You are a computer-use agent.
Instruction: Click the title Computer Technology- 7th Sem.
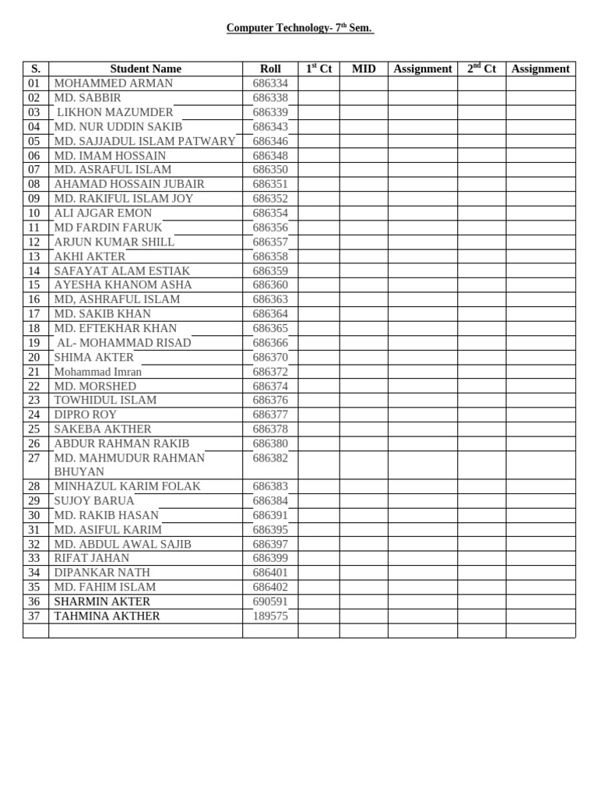click(x=300, y=28)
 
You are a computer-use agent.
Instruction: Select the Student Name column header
click(x=146, y=69)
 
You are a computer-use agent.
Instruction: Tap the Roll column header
click(x=269, y=69)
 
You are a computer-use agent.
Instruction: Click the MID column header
click(x=364, y=69)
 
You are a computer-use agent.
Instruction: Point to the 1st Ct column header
click(x=318, y=69)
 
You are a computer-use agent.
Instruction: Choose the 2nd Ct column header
click(x=481, y=69)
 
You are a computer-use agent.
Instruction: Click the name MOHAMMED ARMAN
click(x=114, y=83)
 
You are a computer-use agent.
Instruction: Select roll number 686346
click(x=270, y=141)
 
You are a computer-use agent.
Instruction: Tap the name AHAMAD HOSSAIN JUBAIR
click(x=129, y=184)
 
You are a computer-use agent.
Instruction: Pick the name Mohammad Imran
click(x=98, y=372)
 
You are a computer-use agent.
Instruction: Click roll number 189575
click(x=270, y=616)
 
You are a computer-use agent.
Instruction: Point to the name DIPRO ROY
click(x=86, y=415)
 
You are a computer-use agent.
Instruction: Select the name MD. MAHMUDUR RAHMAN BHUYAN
click(x=129, y=464)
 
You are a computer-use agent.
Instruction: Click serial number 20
click(x=34, y=358)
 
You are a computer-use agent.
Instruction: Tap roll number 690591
click(x=270, y=602)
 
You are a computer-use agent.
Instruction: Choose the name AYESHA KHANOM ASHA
click(x=123, y=285)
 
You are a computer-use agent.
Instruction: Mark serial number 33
click(x=34, y=558)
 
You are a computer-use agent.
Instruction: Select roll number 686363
click(x=270, y=299)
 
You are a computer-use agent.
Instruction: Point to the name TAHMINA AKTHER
click(x=107, y=616)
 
